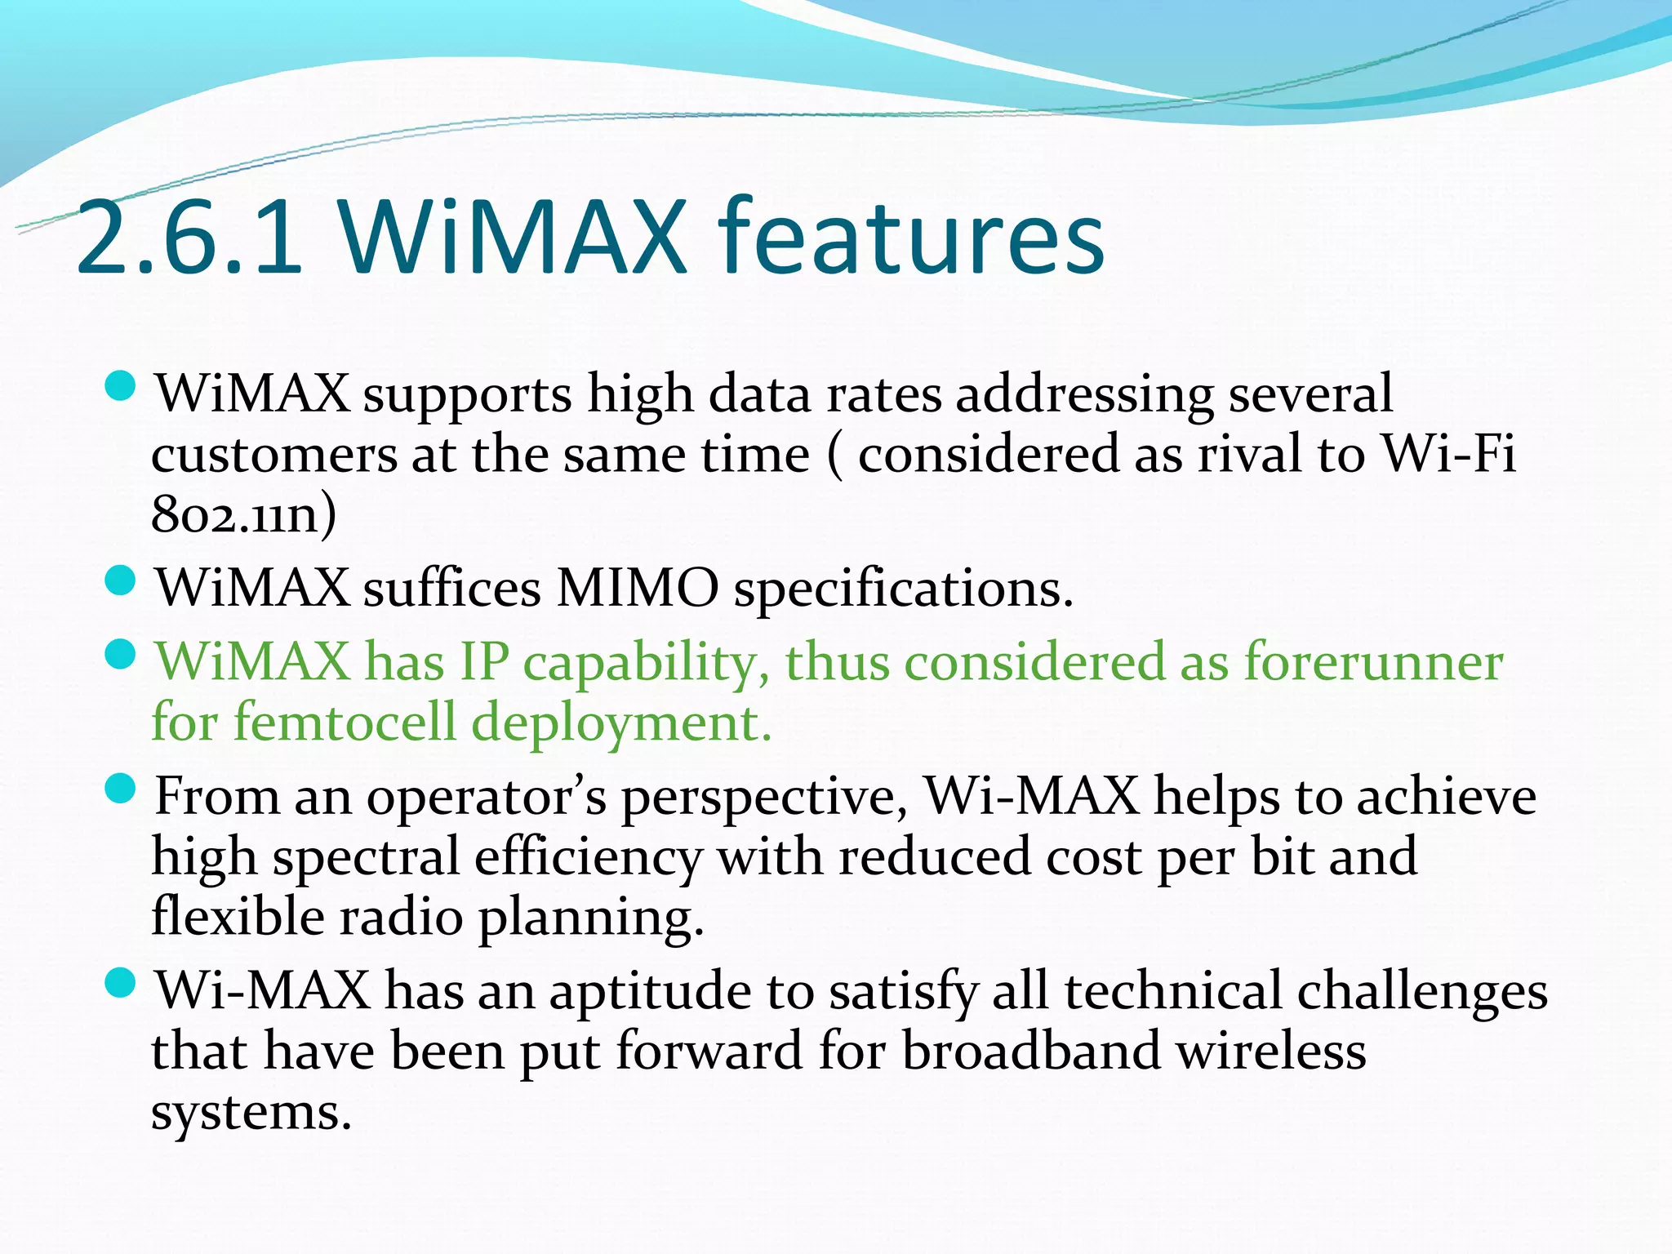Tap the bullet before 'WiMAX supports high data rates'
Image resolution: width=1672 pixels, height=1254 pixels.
pyautogui.click(x=121, y=386)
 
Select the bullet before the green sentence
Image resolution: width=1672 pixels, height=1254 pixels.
pyautogui.click(x=121, y=654)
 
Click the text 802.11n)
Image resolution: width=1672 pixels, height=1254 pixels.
pyautogui.click(x=243, y=515)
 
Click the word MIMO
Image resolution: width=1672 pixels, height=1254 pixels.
pyautogui.click(x=637, y=588)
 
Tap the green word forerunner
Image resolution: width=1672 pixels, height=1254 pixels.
pyautogui.click(x=1372, y=662)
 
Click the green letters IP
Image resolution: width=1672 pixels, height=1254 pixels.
pyautogui.click(x=484, y=662)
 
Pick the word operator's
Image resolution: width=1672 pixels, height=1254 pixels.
pyautogui.click(x=487, y=797)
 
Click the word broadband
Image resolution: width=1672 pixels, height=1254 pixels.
pyautogui.click(x=1031, y=1052)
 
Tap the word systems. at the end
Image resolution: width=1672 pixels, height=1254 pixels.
pyautogui.click(x=251, y=1113)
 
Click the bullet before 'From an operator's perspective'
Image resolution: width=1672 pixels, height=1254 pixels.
pyautogui.click(x=121, y=789)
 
